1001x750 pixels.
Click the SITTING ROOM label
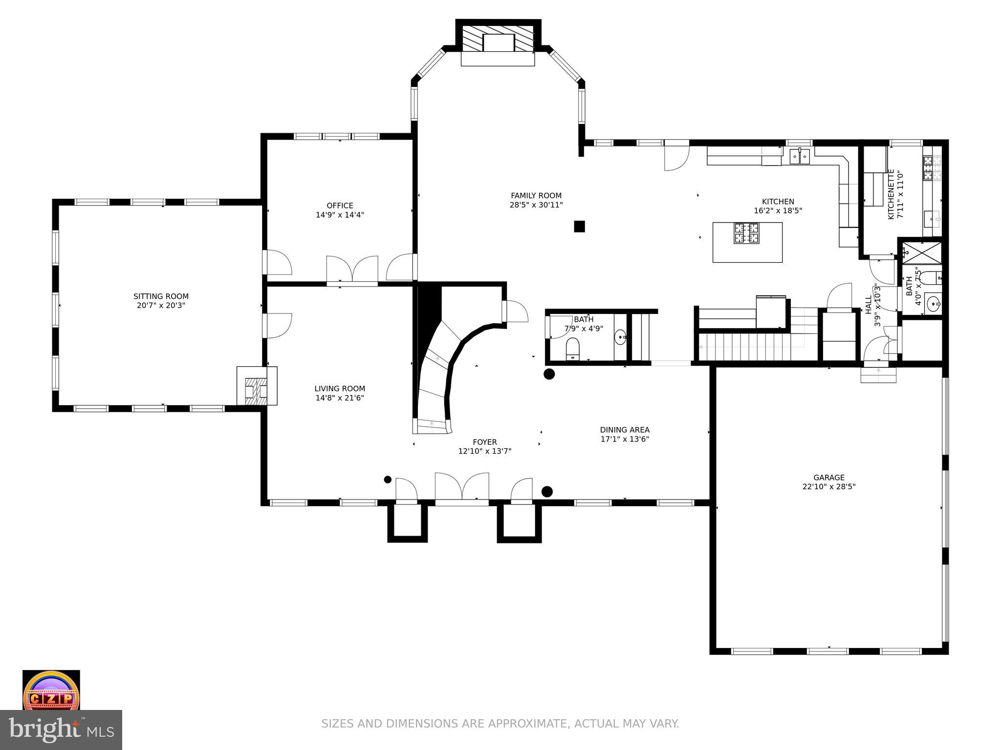[161, 296]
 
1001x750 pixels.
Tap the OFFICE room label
[340, 206]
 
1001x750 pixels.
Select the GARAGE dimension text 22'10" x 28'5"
[829, 487]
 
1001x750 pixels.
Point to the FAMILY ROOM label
[536, 196]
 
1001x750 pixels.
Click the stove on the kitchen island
[746, 233]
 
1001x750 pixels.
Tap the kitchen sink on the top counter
[800, 157]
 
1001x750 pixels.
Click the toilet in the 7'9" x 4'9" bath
[572, 349]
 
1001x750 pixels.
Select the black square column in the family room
[579, 226]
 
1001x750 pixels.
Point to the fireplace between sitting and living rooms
[257, 386]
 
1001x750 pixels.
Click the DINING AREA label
[625, 430]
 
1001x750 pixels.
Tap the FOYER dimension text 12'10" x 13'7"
[485, 451]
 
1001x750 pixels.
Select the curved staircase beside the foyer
[435, 376]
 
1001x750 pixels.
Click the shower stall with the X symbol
[921, 252]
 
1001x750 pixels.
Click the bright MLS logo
[61, 729]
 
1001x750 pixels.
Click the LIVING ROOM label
[340, 389]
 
